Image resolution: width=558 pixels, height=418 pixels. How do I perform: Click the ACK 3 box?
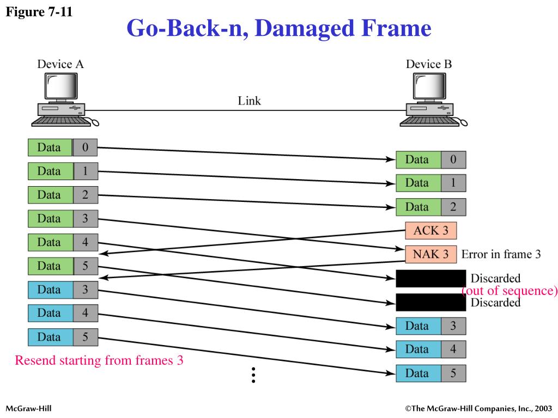tap(430, 231)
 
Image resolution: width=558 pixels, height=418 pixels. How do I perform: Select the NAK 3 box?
tap(430, 254)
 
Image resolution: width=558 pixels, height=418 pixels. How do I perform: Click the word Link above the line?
tap(249, 101)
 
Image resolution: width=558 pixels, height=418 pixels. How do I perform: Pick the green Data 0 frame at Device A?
tap(63, 147)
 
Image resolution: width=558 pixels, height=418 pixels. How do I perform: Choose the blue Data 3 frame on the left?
tap(63, 290)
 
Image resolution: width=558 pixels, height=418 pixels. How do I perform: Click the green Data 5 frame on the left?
tap(63, 266)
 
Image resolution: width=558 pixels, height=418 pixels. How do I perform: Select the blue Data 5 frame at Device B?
tap(430, 373)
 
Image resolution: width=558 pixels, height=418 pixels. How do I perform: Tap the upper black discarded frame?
tap(430, 278)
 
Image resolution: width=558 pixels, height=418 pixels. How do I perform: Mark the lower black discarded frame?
tap(430, 302)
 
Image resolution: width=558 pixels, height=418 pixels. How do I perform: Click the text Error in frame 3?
tap(501, 254)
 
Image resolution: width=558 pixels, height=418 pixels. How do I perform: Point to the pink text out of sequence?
tap(510, 291)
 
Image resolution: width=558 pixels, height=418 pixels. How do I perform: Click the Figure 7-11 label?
tap(39, 12)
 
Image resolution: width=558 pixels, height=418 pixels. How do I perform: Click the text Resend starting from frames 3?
tap(99, 360)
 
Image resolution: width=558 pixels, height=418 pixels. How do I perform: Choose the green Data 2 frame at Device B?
tap(430, 207)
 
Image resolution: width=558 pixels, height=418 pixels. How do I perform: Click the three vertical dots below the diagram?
tap(253, 375)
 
